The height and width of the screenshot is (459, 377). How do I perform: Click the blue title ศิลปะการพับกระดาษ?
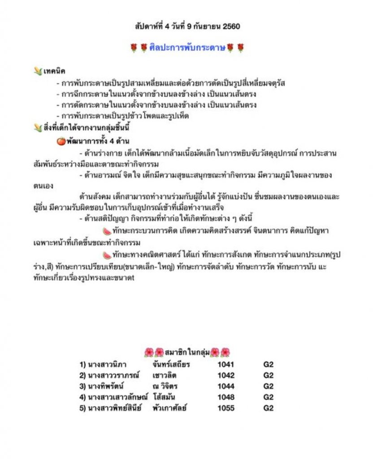(187, 48)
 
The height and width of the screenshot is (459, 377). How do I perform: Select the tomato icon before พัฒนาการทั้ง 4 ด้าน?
(61, 141)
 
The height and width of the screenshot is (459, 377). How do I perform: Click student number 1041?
(225, 364)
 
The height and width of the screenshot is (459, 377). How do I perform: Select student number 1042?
(225, 375)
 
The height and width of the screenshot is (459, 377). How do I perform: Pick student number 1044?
(225, 386)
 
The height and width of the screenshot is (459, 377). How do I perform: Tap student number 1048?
(225, 397)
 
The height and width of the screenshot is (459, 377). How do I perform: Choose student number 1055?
(225, 408)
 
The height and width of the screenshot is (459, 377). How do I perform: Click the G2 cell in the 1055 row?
(268, 408)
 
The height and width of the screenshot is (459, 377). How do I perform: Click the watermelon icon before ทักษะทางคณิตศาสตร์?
(107, 255)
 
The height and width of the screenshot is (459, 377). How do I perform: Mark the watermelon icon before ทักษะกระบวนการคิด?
(107, 231)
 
